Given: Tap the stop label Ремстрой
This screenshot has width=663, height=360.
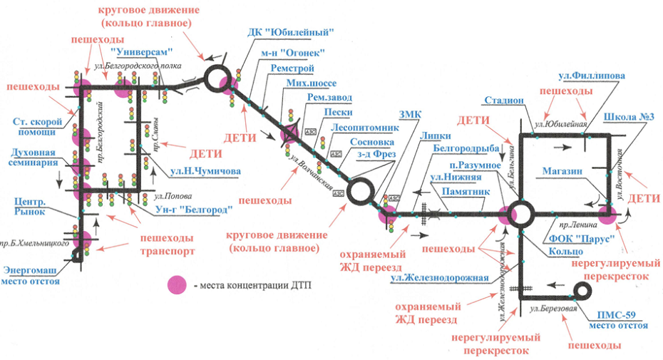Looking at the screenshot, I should [293, 68].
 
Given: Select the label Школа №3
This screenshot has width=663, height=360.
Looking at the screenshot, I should [624, 116].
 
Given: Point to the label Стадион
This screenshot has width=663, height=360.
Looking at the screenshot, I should [504, 101].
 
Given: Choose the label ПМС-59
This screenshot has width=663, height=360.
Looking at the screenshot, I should [617, 314].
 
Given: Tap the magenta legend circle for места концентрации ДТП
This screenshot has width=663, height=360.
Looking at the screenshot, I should [178, 285].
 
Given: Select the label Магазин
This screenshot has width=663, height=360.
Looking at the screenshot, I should [562, 171].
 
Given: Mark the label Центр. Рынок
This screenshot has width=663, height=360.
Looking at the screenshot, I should [30, 206].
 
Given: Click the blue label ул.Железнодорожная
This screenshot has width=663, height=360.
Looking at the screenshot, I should [448, 277].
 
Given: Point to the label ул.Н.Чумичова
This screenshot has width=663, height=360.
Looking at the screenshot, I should [205, 171].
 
